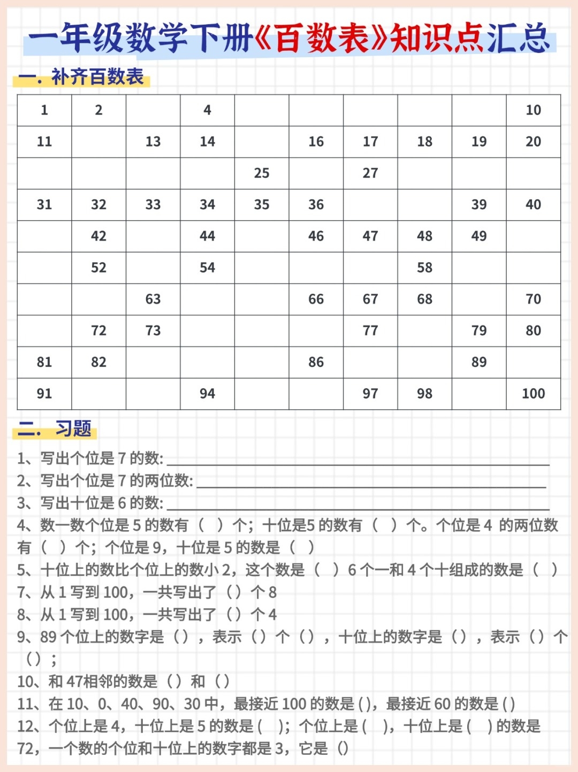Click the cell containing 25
coord(262,173)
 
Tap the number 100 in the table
coord(533,394)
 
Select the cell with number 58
coord(424,267)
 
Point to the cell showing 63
coord(153,299)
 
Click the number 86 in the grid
coord(316,362)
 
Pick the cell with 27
coord(370,173)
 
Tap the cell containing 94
coord(207,394)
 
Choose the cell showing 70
coord(533,299)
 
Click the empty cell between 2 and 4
coord(153,110)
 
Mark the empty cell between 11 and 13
coord(98,142)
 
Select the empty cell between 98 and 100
coord(479,394)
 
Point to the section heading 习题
coord(73,429)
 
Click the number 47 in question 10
coord(74,682)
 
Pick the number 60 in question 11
coord(442,704)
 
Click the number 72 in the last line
coord(26,748)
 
